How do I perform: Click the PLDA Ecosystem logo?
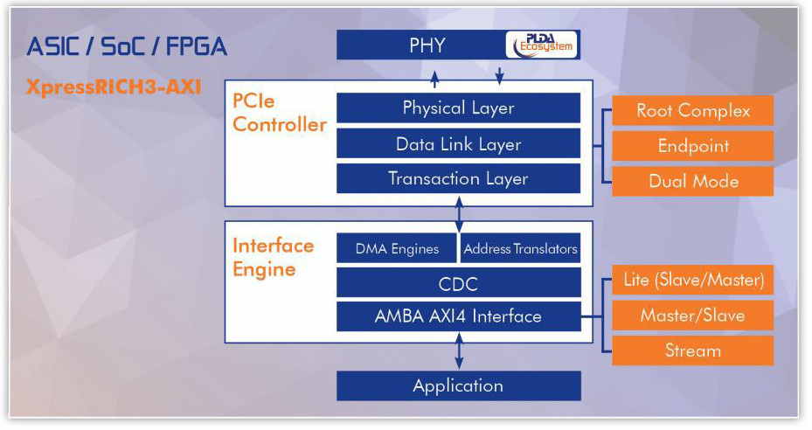(x=541, y=45)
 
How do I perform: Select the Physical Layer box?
(x=458, y=107)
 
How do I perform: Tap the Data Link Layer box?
(x=458, y=143)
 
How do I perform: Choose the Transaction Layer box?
(x=458, y=179)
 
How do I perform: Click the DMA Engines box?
(x=397, y=249)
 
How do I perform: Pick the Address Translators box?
(x=520, y=249)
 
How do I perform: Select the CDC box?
(x=458, y=283)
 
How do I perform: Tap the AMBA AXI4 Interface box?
(x=458, y=316)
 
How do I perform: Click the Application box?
(x=458, y=386)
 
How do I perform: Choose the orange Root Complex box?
(x=693, y=110)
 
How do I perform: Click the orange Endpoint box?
(x=693, y=146)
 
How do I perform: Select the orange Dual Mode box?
(x=693, y=181)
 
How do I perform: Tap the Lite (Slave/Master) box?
(x=693, y=280)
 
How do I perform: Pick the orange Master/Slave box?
(x=693, y=315)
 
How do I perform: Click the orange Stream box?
(x=693, y=350)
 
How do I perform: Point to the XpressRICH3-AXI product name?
(x=114, y=87)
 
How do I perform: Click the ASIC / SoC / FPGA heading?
(x=127, y=46)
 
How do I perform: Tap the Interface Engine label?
(x=273, y=258)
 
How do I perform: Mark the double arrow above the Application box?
(x=459, y=351)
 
